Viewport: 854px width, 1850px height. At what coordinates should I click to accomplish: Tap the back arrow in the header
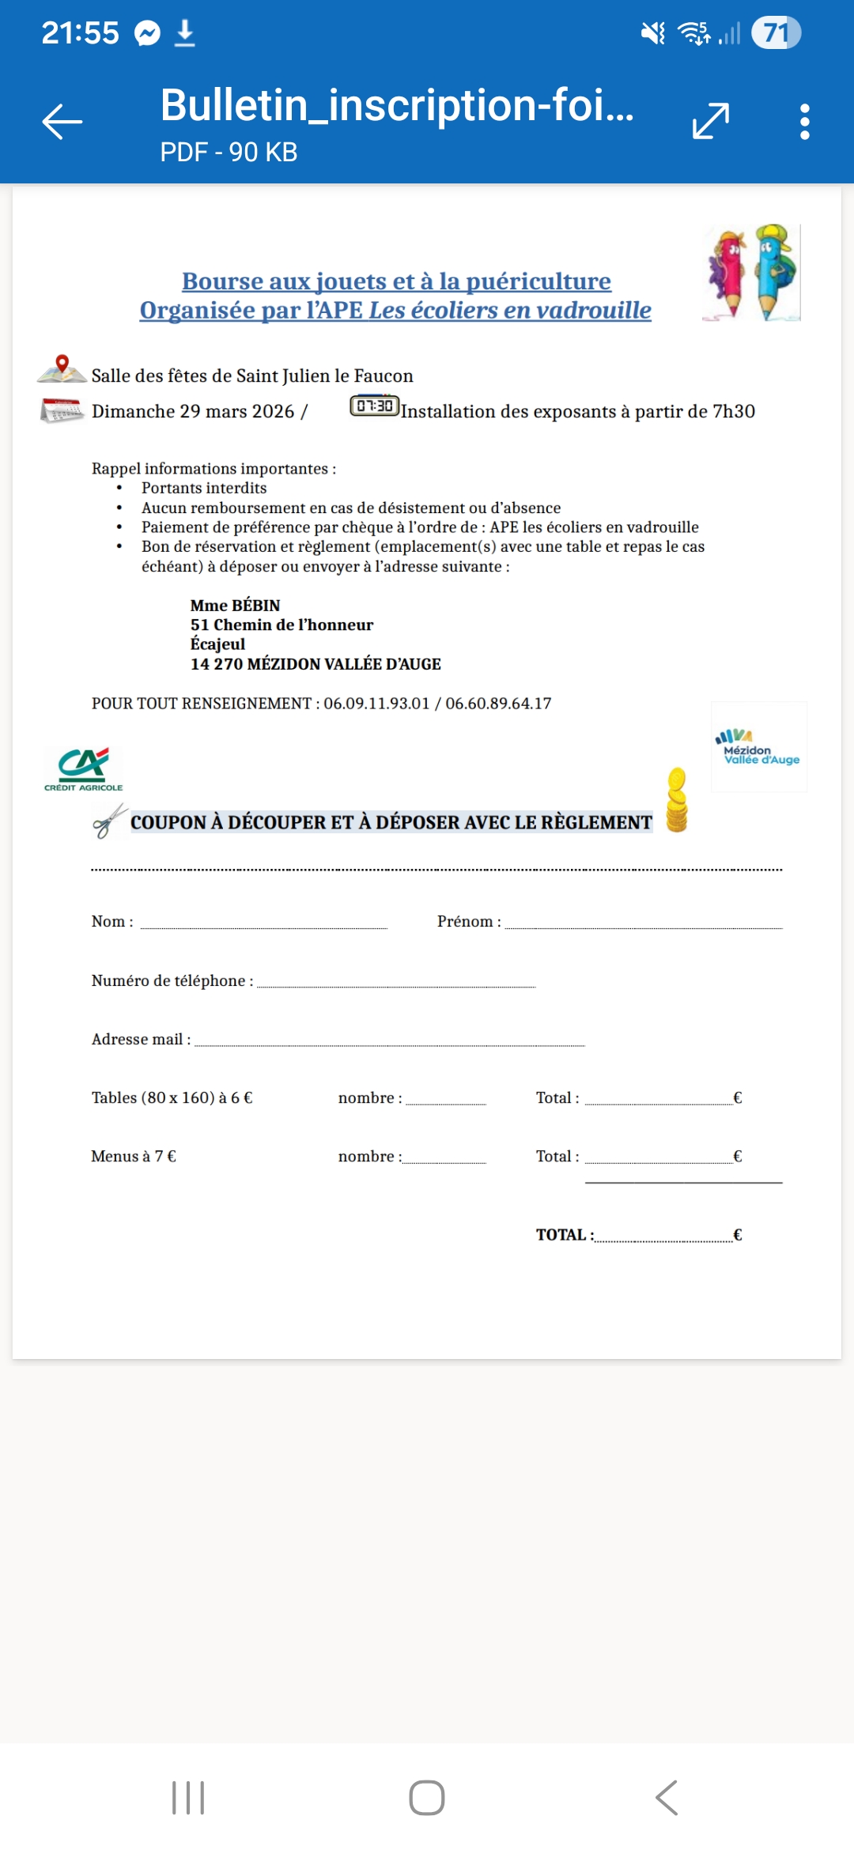(x=62, y=122)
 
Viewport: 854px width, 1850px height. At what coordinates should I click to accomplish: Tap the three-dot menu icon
(x=804, y=122)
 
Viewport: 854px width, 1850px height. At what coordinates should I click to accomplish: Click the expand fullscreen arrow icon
(x=710, y=122)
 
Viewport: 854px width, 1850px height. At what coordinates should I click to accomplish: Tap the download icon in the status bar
(x=184, y=33)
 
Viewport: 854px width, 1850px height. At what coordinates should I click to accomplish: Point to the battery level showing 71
(x=776, y=33)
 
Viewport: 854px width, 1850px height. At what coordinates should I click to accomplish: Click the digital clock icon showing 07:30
(x=374, y=406)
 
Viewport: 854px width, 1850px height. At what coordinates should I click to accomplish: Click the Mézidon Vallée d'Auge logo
(x=758, y=747)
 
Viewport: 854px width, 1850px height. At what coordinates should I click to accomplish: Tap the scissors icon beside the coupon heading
(x=109, y=821)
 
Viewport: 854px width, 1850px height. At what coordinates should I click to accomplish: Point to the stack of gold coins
(x=677, y=800)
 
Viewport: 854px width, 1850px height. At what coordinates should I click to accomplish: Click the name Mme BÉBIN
(x=235, y=606)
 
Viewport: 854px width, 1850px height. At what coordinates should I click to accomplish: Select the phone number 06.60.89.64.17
(x=498, y=704)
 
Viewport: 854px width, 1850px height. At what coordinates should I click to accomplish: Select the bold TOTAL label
(x=564, y=1235)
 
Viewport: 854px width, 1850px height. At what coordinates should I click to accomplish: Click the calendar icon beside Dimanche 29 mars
(x=62, y=410)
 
